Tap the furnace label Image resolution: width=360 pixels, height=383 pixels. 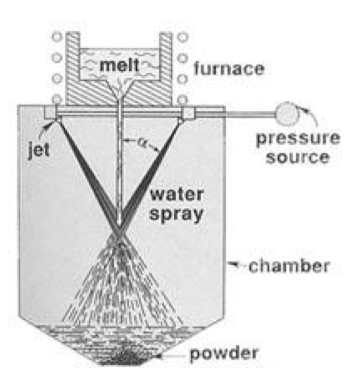[x=229, y=69]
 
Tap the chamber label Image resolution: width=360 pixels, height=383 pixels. [x=289, y=265]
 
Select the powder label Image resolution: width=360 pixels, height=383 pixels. [x=224, y=354]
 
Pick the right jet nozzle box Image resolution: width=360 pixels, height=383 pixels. [x=188, y=113]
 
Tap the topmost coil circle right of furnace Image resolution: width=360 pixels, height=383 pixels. [x=182, y=37]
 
